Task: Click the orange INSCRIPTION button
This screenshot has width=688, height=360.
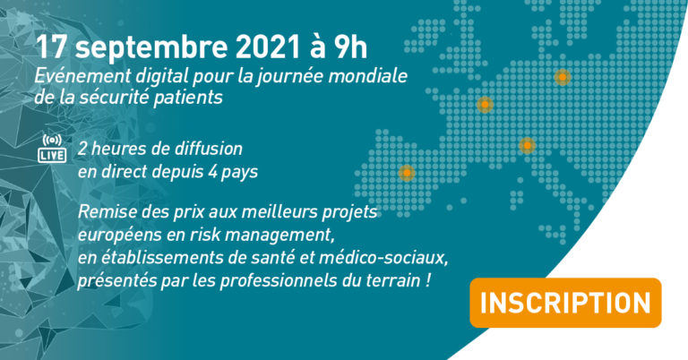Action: point(565,303)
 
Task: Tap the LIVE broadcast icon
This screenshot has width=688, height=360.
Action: point(52,149)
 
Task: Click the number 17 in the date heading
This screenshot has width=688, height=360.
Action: point(49,47)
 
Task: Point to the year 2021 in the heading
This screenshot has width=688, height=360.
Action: point(268,47)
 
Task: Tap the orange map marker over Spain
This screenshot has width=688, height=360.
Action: point(407,173)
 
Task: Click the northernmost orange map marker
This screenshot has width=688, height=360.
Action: point(562,77)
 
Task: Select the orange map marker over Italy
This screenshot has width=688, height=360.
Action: point(527,145)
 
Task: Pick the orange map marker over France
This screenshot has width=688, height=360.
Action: point(485,105)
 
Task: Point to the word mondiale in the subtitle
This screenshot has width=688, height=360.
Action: point(367,76)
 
